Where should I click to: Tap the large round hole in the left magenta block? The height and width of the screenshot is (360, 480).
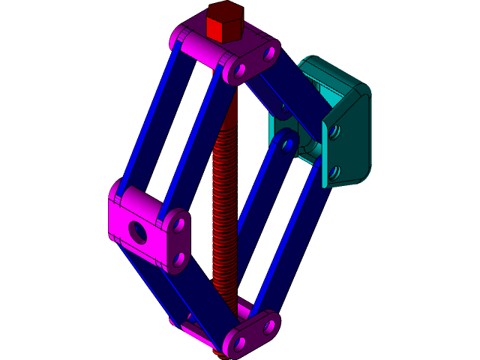138,232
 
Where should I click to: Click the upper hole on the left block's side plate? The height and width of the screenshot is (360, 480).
178,223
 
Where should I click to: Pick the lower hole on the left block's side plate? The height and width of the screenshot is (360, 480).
178,259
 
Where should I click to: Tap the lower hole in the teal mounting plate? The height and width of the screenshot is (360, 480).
334,173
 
